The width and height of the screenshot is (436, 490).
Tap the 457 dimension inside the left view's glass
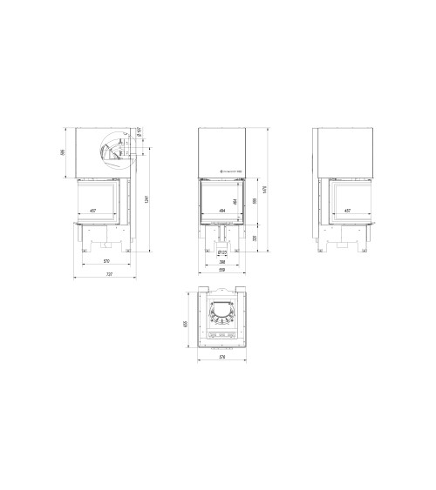click(x=92, y=211)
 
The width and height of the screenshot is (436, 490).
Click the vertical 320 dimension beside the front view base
click(x=255, y=237)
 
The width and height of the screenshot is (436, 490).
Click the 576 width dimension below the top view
click(x=223, y=358)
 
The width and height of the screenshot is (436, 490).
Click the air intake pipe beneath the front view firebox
click(x=223, y=236)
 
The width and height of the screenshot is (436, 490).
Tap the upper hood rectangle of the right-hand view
click(x=345, y=152)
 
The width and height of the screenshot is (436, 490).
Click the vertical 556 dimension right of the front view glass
click(x=255, y=201)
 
